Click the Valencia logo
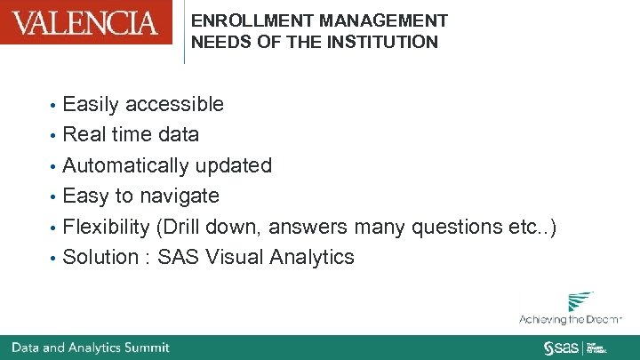[86, 22]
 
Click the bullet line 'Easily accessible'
[143, 105]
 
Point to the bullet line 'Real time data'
[131, 135]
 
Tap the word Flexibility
[107, 228]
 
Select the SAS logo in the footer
[561, 347]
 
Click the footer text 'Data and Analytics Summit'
[90, 347]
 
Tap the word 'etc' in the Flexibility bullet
[519, 228]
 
